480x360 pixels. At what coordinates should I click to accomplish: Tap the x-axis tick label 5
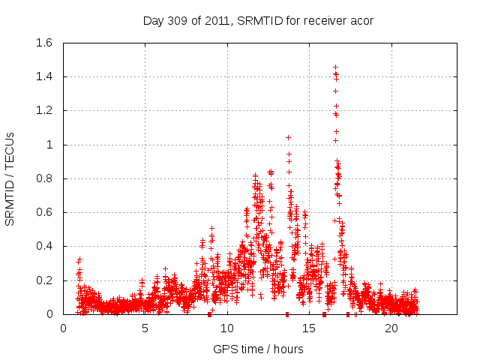click(145, 328)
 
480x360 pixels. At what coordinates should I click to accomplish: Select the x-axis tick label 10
click(227, 328)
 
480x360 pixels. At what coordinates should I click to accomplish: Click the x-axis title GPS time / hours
click(258, 349)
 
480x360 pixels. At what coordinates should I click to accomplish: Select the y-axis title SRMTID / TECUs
click(10, 178)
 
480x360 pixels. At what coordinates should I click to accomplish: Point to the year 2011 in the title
click(221, 20)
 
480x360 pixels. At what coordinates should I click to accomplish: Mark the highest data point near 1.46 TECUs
click(335, 66)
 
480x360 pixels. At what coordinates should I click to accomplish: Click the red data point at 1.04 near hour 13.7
click(288, 138)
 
